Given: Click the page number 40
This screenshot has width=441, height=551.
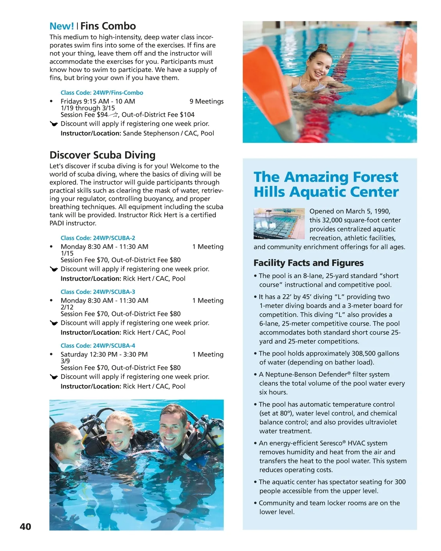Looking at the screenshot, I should click(x=25, y=526).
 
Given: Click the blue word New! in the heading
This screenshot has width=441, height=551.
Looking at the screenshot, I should click(x=62, y=26).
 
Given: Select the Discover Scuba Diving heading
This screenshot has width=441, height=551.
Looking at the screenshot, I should click(x=102, y=155).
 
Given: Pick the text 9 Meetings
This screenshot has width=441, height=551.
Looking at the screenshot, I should click(x=206, y=101).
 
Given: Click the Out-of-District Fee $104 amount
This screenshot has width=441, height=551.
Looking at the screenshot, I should click(x=158, y=115).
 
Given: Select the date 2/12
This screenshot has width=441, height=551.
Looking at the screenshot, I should click(x=67, y=307).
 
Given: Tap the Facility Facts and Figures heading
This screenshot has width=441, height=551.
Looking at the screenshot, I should click(x=308, y=263).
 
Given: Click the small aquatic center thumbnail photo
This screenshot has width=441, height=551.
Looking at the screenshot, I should click(x=279, y=224).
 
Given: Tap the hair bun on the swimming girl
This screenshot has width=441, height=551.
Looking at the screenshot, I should click(x=322, y=48).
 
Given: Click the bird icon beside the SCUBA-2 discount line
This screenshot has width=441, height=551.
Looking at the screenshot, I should click(x=54, y=269).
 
